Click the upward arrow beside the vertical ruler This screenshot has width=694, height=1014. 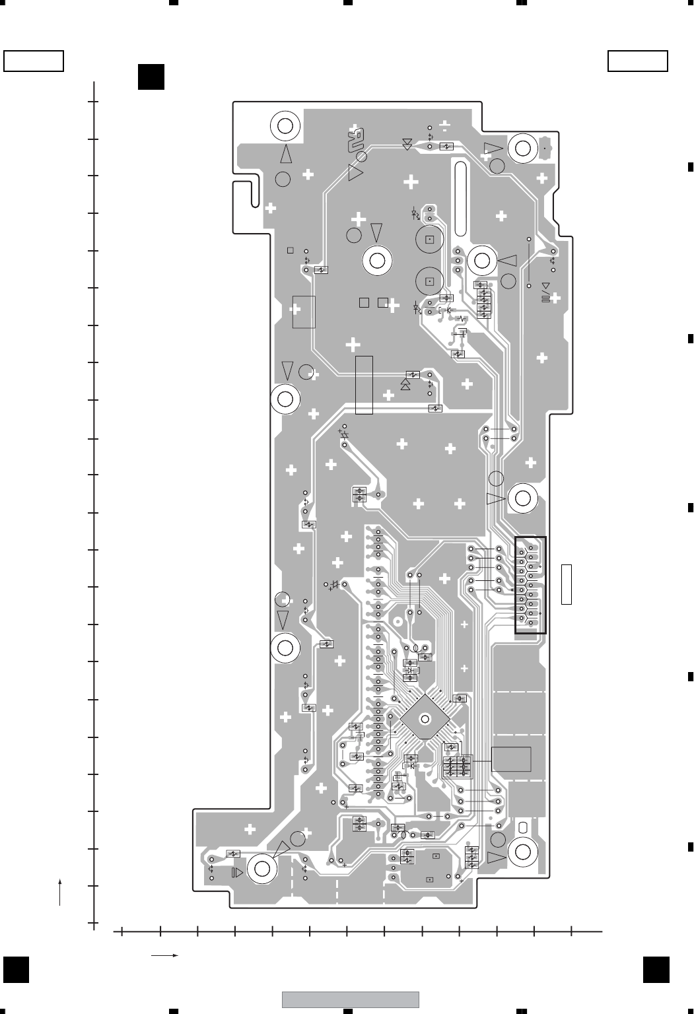click(60, 891)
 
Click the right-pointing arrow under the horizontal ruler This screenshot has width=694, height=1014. click(165, 955)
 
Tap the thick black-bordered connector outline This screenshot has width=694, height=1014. click(530, 585)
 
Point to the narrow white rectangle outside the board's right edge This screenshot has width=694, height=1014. click(566, 584)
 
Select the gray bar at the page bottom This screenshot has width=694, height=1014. click(350, 999)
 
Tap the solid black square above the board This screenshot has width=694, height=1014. click(151, 76)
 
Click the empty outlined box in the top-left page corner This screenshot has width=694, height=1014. click(34, 61)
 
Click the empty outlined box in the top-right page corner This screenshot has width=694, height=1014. click(637, 61)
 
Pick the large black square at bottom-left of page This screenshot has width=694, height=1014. click(17, 970)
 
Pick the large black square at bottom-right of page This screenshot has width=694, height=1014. click(656, 970)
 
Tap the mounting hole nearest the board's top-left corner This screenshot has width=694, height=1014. click(285, 125)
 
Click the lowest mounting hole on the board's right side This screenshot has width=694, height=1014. click(523, 852)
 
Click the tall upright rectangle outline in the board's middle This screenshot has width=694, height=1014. click(364, 385)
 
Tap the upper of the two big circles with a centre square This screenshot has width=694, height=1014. click(429, 239)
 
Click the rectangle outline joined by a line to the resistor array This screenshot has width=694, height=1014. click(511, 759)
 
